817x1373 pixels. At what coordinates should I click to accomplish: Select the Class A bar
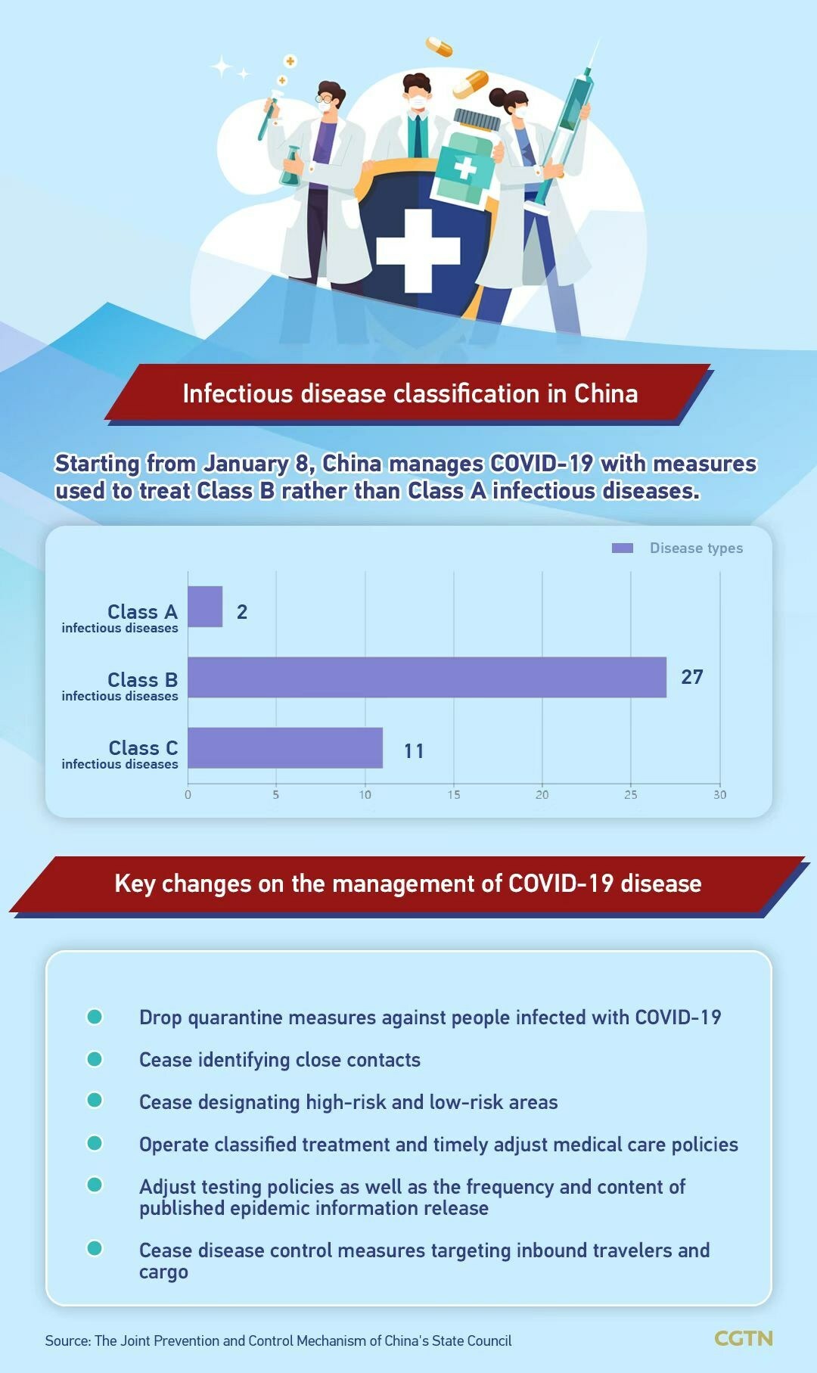[x=205, y=607]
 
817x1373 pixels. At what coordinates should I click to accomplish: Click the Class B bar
[x=427, y=677]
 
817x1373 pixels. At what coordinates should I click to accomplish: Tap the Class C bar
[x=285, y=747]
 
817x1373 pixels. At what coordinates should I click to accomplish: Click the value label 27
[x=692, y=677]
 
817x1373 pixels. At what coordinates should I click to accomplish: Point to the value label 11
[x=414, y=751]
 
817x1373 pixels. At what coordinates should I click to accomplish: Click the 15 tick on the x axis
[x=454, y=794]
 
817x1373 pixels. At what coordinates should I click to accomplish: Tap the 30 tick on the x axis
[x=719, y=794]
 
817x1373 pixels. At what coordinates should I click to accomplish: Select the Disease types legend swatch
[x=623, y=548]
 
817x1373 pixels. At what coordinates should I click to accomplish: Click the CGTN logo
[x=744, y=1338]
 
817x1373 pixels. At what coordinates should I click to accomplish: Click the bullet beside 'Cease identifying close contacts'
[x=95, y=1059]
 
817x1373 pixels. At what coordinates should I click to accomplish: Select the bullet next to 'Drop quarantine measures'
[x=95, y=1017]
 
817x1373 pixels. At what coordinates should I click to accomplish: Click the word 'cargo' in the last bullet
[x=163, y=1272]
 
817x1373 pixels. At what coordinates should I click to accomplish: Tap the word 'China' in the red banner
[x=605, y=393]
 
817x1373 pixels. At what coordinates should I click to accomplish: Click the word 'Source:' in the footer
[x=68, y=1340]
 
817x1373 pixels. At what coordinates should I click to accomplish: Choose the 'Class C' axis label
[x=143, y=748]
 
